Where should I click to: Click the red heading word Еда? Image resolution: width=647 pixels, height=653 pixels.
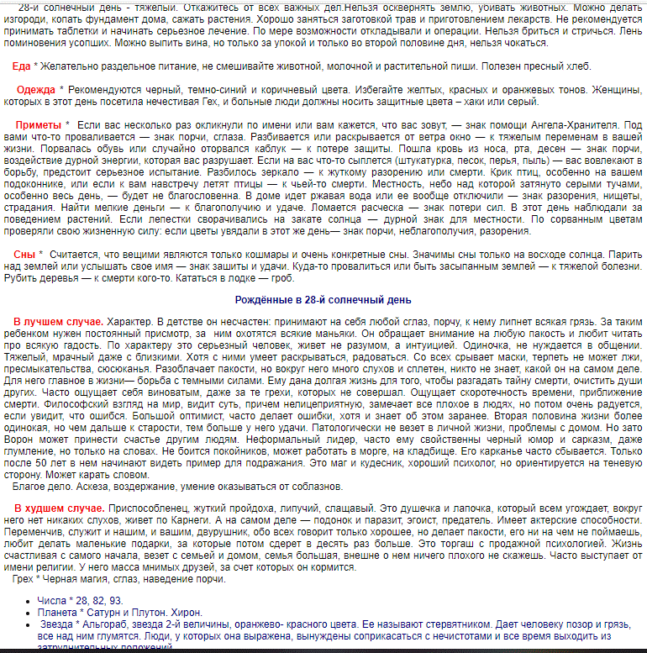22,66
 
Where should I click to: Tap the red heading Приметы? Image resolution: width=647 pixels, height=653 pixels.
39,125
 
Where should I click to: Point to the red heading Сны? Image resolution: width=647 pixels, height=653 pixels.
24,254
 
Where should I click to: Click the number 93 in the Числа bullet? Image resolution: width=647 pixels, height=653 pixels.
114,602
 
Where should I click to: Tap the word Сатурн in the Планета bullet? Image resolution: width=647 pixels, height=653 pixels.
115,614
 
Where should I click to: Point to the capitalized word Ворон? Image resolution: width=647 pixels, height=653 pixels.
30,427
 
